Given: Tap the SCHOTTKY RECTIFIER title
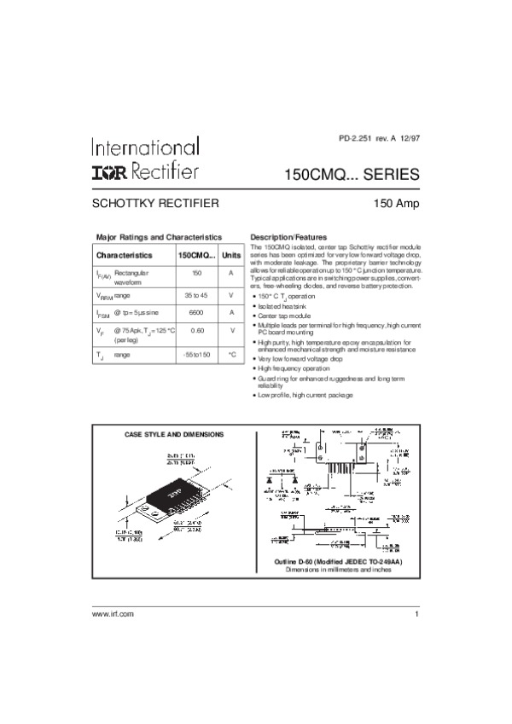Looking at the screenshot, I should point(156,204).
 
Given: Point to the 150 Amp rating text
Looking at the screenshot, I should point(396,204).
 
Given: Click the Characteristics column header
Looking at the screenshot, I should point(125,255).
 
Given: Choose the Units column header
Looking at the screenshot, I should point(231,255).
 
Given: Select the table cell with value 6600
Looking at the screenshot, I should point(196,312).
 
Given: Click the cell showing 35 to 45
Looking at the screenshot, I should point(196,294).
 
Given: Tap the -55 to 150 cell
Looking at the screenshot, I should point(196,354).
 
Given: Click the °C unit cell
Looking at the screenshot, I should point(231,354).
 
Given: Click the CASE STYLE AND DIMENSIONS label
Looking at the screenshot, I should point(174,435).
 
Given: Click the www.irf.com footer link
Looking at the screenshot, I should point(113,614).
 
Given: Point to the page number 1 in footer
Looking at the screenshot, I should point(417,614).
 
